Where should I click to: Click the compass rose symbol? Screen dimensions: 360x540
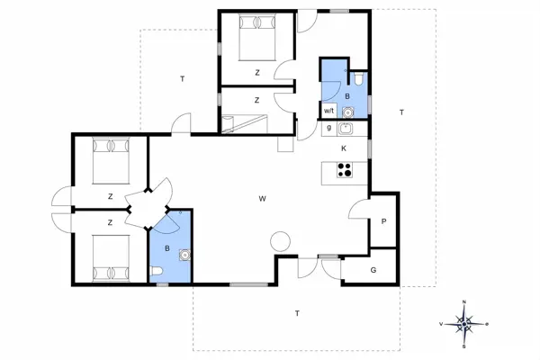pos(463,323)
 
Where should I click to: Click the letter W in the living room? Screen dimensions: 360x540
pos(263,198)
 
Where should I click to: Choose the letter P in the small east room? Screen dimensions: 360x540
pos(383,220)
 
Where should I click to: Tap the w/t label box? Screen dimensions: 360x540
pos(329,111)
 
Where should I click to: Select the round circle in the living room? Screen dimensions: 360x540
pos(280,240)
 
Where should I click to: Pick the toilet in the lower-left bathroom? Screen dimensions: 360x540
pos(157,274)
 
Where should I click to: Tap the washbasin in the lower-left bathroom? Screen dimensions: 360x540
pos(184,255)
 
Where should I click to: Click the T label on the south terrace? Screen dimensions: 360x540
pos(296,313)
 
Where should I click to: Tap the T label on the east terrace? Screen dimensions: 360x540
pos(401,112)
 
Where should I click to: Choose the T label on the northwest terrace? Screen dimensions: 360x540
pos(182,80)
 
